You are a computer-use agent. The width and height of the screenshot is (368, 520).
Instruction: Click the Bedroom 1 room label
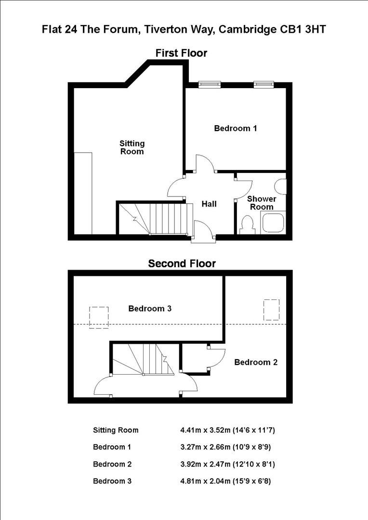point(235,129)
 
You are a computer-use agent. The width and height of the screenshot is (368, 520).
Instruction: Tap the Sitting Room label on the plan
point(131,147)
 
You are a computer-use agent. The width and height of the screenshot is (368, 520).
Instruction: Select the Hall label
point(209,204)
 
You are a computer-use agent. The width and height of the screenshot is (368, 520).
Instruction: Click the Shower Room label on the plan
point(262,203)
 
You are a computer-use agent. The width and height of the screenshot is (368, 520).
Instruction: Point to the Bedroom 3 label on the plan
point(150,309)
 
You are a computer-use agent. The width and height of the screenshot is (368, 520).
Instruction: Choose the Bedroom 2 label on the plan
point(256,362)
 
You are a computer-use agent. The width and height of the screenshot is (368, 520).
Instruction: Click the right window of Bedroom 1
point(263,84)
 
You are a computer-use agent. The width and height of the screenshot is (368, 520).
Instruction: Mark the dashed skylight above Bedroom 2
point(272,310)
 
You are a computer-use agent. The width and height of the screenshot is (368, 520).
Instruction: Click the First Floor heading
point(181,53)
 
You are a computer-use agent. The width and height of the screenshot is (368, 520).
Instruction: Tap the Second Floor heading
point(182,263)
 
